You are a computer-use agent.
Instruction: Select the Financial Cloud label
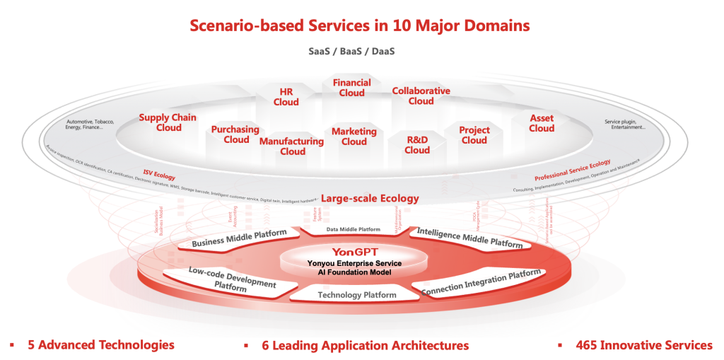351,88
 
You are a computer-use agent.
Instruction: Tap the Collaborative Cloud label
421,96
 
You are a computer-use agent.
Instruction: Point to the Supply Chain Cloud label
168,123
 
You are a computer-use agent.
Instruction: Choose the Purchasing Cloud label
235,134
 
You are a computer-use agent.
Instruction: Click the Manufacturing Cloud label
291,146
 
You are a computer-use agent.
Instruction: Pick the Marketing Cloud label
354,137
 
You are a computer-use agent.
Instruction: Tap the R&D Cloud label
417,145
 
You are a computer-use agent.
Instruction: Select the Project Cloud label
474,135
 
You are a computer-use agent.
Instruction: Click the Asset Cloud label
542,123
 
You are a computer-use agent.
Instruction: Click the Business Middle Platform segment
239,238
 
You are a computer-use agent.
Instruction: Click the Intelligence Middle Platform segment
469,238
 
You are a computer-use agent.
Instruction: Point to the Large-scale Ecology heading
370,198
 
